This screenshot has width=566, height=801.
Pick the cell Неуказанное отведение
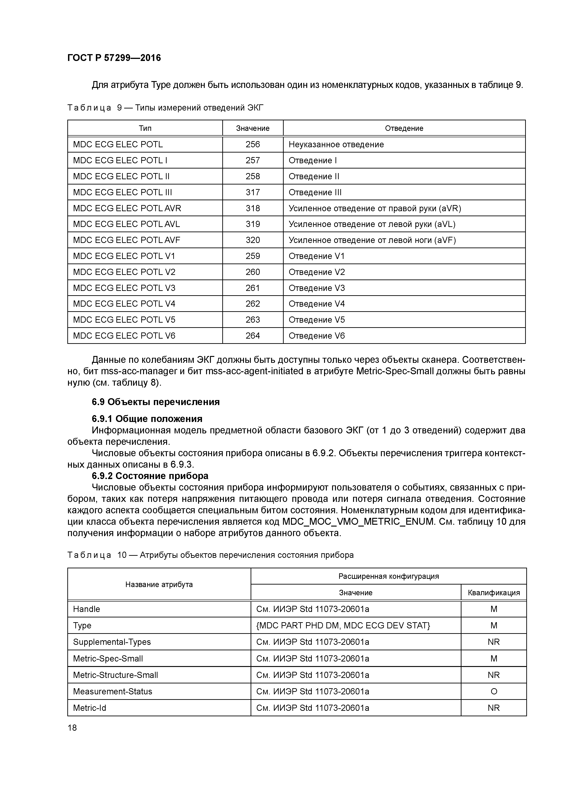(336, 145)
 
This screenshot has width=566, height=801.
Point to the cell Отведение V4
(317, 304)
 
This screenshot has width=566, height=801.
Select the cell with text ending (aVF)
(372, 240)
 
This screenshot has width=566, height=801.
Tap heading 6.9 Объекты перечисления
(156, 402)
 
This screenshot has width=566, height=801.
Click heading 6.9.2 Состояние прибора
(150, 476)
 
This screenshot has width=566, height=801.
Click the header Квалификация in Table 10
(493, 592)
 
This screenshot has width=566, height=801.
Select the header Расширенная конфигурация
(388, 576)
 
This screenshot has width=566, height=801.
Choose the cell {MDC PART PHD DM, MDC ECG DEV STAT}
(343, 625)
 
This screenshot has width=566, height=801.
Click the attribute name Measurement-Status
(113, 691)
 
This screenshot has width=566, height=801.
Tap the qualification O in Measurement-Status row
(493, 691)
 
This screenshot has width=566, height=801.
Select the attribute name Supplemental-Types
(112, 642)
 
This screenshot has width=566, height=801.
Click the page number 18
(72, 728)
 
